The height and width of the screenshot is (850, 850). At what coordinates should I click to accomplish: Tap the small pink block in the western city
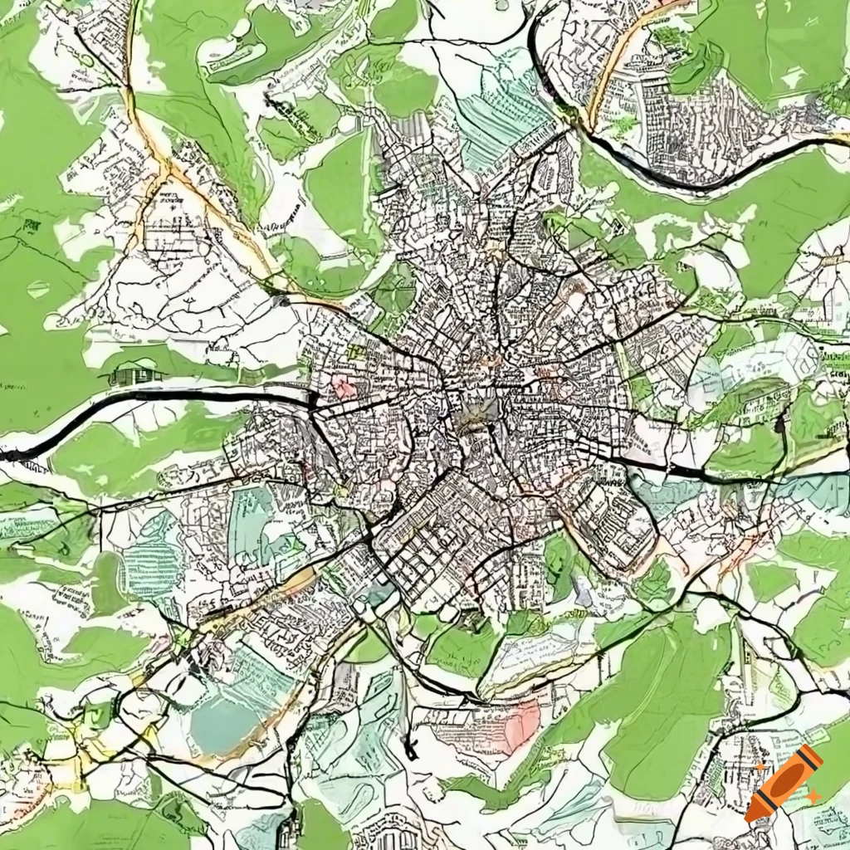click(x=343, y=387)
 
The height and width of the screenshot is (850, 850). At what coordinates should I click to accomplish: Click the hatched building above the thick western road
click(x=137, y=375)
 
